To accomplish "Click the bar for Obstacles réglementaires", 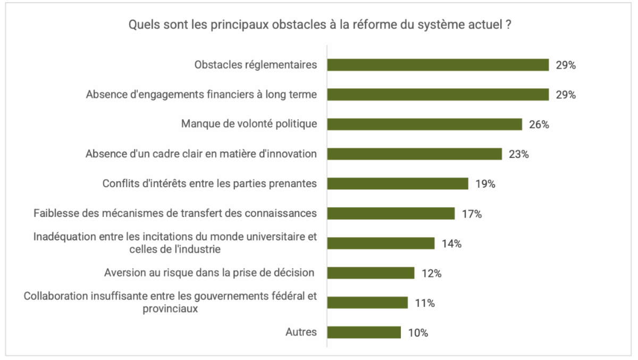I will pos(438,65).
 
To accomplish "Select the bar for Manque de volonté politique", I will pos(424,124).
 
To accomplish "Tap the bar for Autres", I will pos(364,332).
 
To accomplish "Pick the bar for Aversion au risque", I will pos(371,273).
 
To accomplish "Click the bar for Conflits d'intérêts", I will pos(397,183).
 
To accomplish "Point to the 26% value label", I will pos(539,124).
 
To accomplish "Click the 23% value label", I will pos(518,154).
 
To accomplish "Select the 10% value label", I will pos(418,333).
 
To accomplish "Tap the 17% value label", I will pos(472,214).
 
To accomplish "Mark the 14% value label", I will pos(451,244).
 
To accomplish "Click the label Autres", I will pos(301,332).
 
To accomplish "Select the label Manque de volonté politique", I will pos(249,124).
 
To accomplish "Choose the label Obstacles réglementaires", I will pos(256,65).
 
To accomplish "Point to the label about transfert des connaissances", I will pos(175,213).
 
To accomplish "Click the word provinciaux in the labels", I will pos(170,308).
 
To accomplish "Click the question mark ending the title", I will pos(509,25).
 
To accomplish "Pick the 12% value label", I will pos(431,273).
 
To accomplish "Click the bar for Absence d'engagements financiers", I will pos(438,95).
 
